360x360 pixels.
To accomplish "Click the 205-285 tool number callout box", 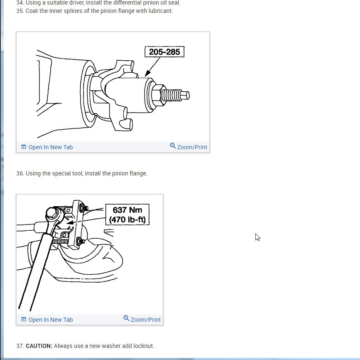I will click(x=164, y=52).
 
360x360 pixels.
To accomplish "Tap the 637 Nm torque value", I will click(x=127, y=210).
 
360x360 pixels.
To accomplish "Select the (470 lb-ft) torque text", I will click(x=127, y=219).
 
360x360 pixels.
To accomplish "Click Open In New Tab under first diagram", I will click(x=50, y=147).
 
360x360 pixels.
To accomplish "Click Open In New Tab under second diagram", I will click(x=50, y=320).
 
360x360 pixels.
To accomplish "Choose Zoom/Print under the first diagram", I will click(x=192, y=147).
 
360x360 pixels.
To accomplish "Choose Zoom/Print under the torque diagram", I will click(x=145, y=320).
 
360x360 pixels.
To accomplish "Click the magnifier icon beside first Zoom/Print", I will click(x=173, y=146).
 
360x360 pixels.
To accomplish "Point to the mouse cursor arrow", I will click(x=257, y=237).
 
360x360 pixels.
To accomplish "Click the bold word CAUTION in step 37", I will click(x=39, y=346).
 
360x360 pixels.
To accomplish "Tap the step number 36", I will click(x=20, y=173).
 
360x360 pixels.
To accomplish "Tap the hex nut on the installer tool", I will click(x=157, y=94).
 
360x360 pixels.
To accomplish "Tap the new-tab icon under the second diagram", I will click(x=24, y=320).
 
